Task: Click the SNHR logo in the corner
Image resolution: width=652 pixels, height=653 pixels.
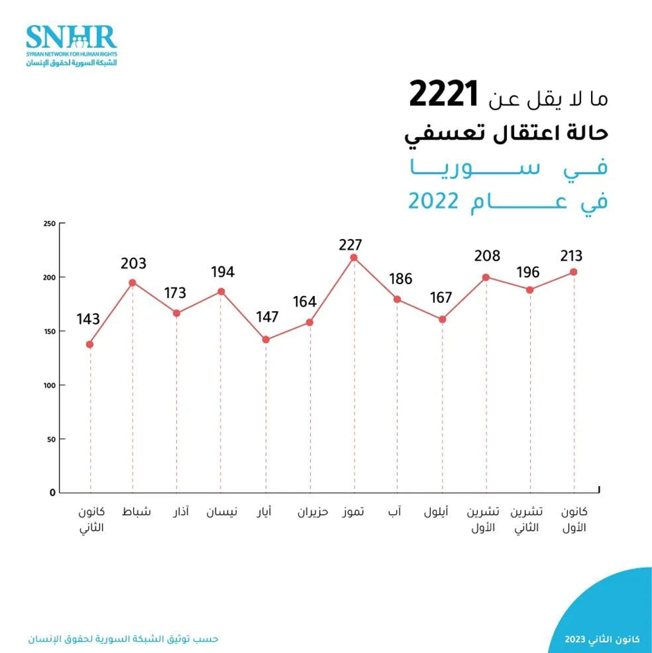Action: [x=71, y=45]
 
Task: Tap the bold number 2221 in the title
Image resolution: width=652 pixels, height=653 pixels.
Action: [x=444, y=96]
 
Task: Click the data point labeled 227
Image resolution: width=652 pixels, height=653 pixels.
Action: [x=354, y=258]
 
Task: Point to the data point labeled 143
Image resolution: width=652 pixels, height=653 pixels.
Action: [x=89, y=345]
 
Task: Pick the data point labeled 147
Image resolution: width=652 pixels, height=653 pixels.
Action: [x=266, y=340]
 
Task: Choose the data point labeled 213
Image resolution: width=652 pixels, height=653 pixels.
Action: [x=574, y=272]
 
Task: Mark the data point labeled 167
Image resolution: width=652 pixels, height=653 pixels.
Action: [x=442, y=320]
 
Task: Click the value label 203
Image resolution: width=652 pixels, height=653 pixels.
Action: [x=133, y=263]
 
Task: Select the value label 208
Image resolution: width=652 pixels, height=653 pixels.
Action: [x=486, y=256]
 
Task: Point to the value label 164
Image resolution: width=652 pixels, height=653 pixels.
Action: [x=304, y=302]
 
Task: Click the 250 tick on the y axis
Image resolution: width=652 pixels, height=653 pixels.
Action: [x=49, y=223]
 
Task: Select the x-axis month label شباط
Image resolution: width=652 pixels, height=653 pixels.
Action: [x=136, y=513]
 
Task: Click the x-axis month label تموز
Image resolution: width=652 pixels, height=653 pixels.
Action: [x=354, y=513]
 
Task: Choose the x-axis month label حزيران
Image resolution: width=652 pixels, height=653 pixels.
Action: [x=313, y=513]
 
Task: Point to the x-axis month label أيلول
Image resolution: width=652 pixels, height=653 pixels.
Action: [x=436, y=513]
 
